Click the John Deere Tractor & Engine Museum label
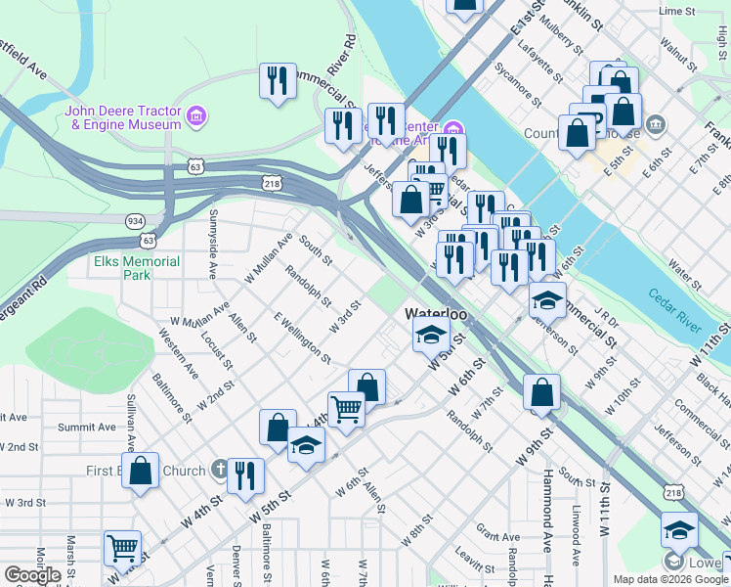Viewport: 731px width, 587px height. click(123, 117)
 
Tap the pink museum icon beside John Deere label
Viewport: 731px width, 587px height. click(196, 117)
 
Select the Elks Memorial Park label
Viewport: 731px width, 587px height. click(137, 268)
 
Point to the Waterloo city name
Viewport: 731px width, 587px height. click(437, 314)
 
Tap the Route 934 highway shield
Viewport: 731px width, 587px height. click(135, 221)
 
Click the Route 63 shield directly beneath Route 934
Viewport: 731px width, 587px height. click(148, 240)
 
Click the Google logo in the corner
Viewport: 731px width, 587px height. click(32, 575)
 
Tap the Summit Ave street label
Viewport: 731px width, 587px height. click(86, 428)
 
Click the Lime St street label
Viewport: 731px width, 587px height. click(675, 11)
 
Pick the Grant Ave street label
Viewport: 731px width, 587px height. click(498, 536)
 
